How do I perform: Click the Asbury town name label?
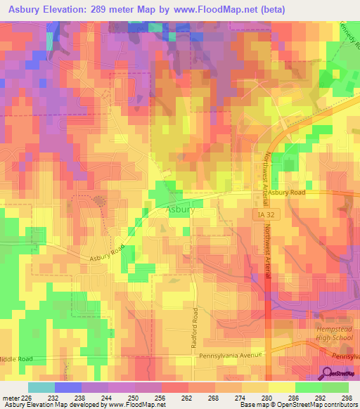[180, 209]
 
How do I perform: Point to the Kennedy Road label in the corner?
[350, 32]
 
